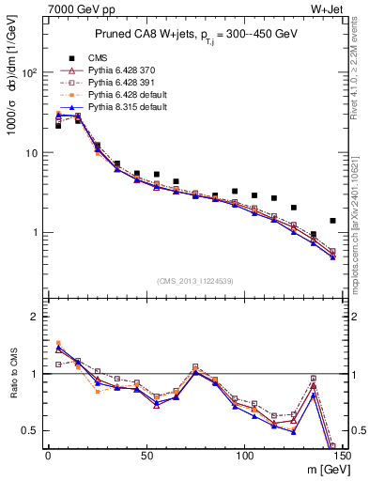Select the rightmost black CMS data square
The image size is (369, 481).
point(332,221)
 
